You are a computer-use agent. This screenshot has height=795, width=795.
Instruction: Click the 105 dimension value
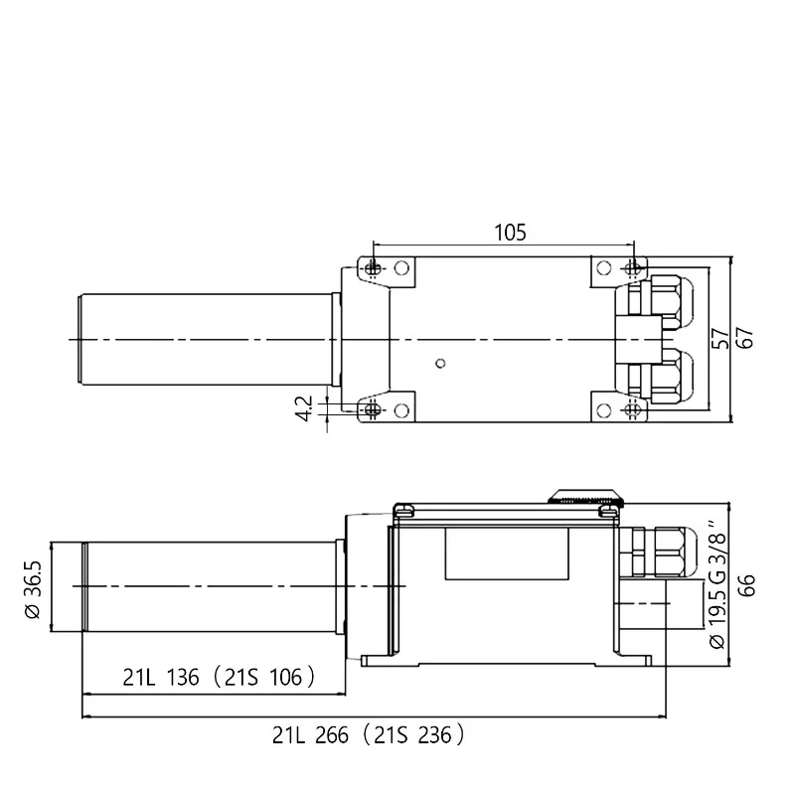[510, 233]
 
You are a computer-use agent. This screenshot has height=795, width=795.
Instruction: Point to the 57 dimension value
[719, 338]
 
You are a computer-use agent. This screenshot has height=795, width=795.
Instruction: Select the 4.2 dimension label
[304, 408]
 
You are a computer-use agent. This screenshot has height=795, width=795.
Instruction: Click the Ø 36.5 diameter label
[33, 589]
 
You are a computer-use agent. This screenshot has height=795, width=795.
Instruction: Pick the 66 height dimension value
[746, 585]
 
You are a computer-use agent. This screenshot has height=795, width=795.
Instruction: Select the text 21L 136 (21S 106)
[219, 678]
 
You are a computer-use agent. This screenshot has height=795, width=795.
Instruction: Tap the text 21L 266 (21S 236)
[368, 735]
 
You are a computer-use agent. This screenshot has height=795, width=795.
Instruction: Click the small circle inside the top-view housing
[440, 363]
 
